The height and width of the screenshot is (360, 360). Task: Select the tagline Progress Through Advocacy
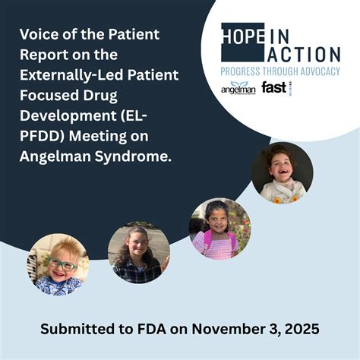pos(279,71)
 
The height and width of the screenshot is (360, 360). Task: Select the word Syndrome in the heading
pos(136,156)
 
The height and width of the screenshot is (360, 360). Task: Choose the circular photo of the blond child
pos(58,264)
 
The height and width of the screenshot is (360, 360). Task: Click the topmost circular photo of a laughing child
pos(282,172)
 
